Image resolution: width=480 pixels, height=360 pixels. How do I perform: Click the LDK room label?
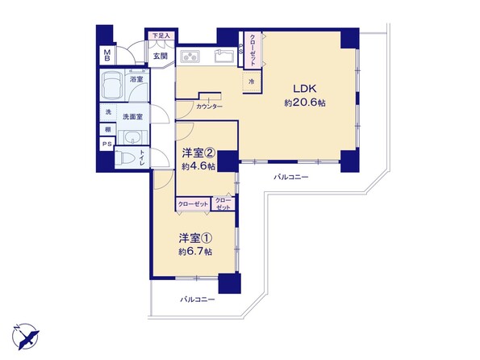tap(305, 89)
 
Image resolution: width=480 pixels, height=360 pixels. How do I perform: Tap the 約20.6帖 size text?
tap(305, 103)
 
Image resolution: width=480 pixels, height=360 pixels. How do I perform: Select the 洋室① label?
tap(195, 238)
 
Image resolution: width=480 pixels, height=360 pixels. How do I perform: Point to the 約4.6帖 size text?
tap(198, 166)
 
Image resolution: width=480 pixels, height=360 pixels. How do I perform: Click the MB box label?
tap(107, 56)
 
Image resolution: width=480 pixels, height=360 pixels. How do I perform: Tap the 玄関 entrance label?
tap(161, 56)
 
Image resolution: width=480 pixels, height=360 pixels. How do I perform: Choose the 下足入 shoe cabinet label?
tap(161, 36)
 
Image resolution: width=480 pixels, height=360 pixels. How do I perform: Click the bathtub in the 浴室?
tap(112, 86)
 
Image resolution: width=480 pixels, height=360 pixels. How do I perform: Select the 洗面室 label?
tap(132, 117)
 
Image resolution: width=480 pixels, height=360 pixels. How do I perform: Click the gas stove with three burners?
tap(190, 57)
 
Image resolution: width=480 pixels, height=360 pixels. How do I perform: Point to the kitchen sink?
tap(224, 56)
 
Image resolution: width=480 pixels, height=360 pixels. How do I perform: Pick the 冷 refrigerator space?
tap(252, 82)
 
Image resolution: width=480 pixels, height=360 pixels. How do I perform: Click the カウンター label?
tap(210, 107)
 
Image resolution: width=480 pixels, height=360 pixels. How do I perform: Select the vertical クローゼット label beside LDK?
tap(253, 49)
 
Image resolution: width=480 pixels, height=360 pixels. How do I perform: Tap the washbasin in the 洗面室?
tap(132, 137)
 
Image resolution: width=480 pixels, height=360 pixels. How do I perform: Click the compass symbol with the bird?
tap(25, 336)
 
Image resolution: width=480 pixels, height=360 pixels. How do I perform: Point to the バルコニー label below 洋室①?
tap(197, 299)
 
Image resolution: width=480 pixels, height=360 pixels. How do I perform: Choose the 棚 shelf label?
tap(108, 129)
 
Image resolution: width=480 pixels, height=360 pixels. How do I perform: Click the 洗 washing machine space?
tap(108, 112)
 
